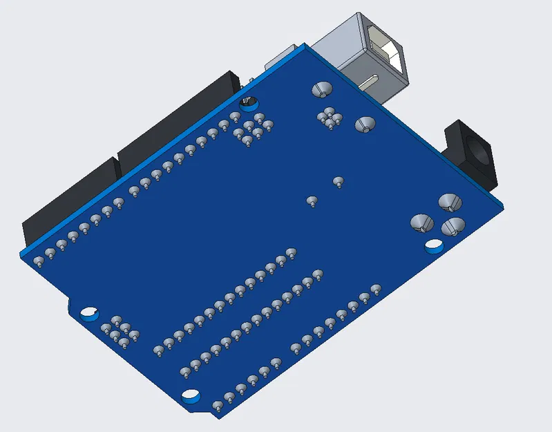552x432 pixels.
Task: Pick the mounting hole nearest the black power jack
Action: click(x=434, y=245)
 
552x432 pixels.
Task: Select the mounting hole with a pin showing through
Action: click(x=249, y=104)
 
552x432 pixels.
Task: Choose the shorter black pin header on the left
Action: click(x=69, y=200)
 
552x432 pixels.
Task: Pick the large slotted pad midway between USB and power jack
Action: click(x=365, y=124)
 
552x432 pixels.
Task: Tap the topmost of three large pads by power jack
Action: click(x=449, y=202)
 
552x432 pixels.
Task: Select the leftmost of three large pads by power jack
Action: click(x=421, y=223)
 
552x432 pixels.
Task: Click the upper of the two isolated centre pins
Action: click(x=338, y=182)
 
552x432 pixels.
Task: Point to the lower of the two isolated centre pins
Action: click(x=312, y=202)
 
